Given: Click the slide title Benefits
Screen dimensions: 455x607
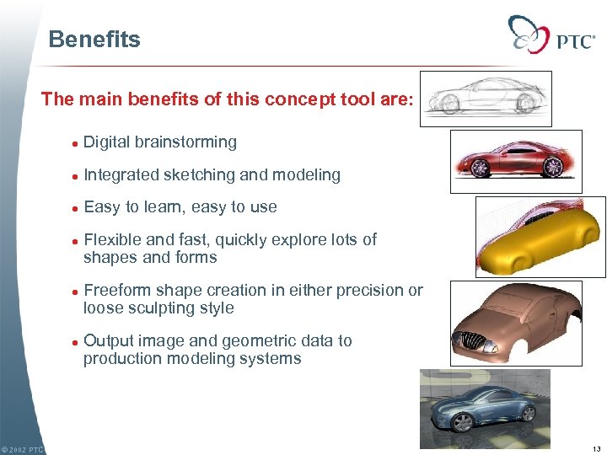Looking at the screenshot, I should point(94,40).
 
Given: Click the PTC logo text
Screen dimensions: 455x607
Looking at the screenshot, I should point(575,40).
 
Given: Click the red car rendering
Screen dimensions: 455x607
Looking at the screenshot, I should point(515,161).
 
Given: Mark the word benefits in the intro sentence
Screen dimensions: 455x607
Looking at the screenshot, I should point(168,99).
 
